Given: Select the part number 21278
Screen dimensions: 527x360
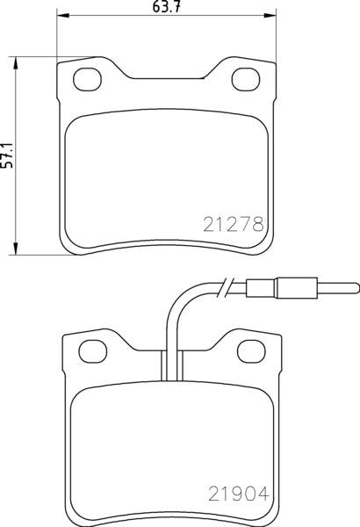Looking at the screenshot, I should click(234, 224).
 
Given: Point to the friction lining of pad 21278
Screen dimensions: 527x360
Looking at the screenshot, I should click(164, 176).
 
